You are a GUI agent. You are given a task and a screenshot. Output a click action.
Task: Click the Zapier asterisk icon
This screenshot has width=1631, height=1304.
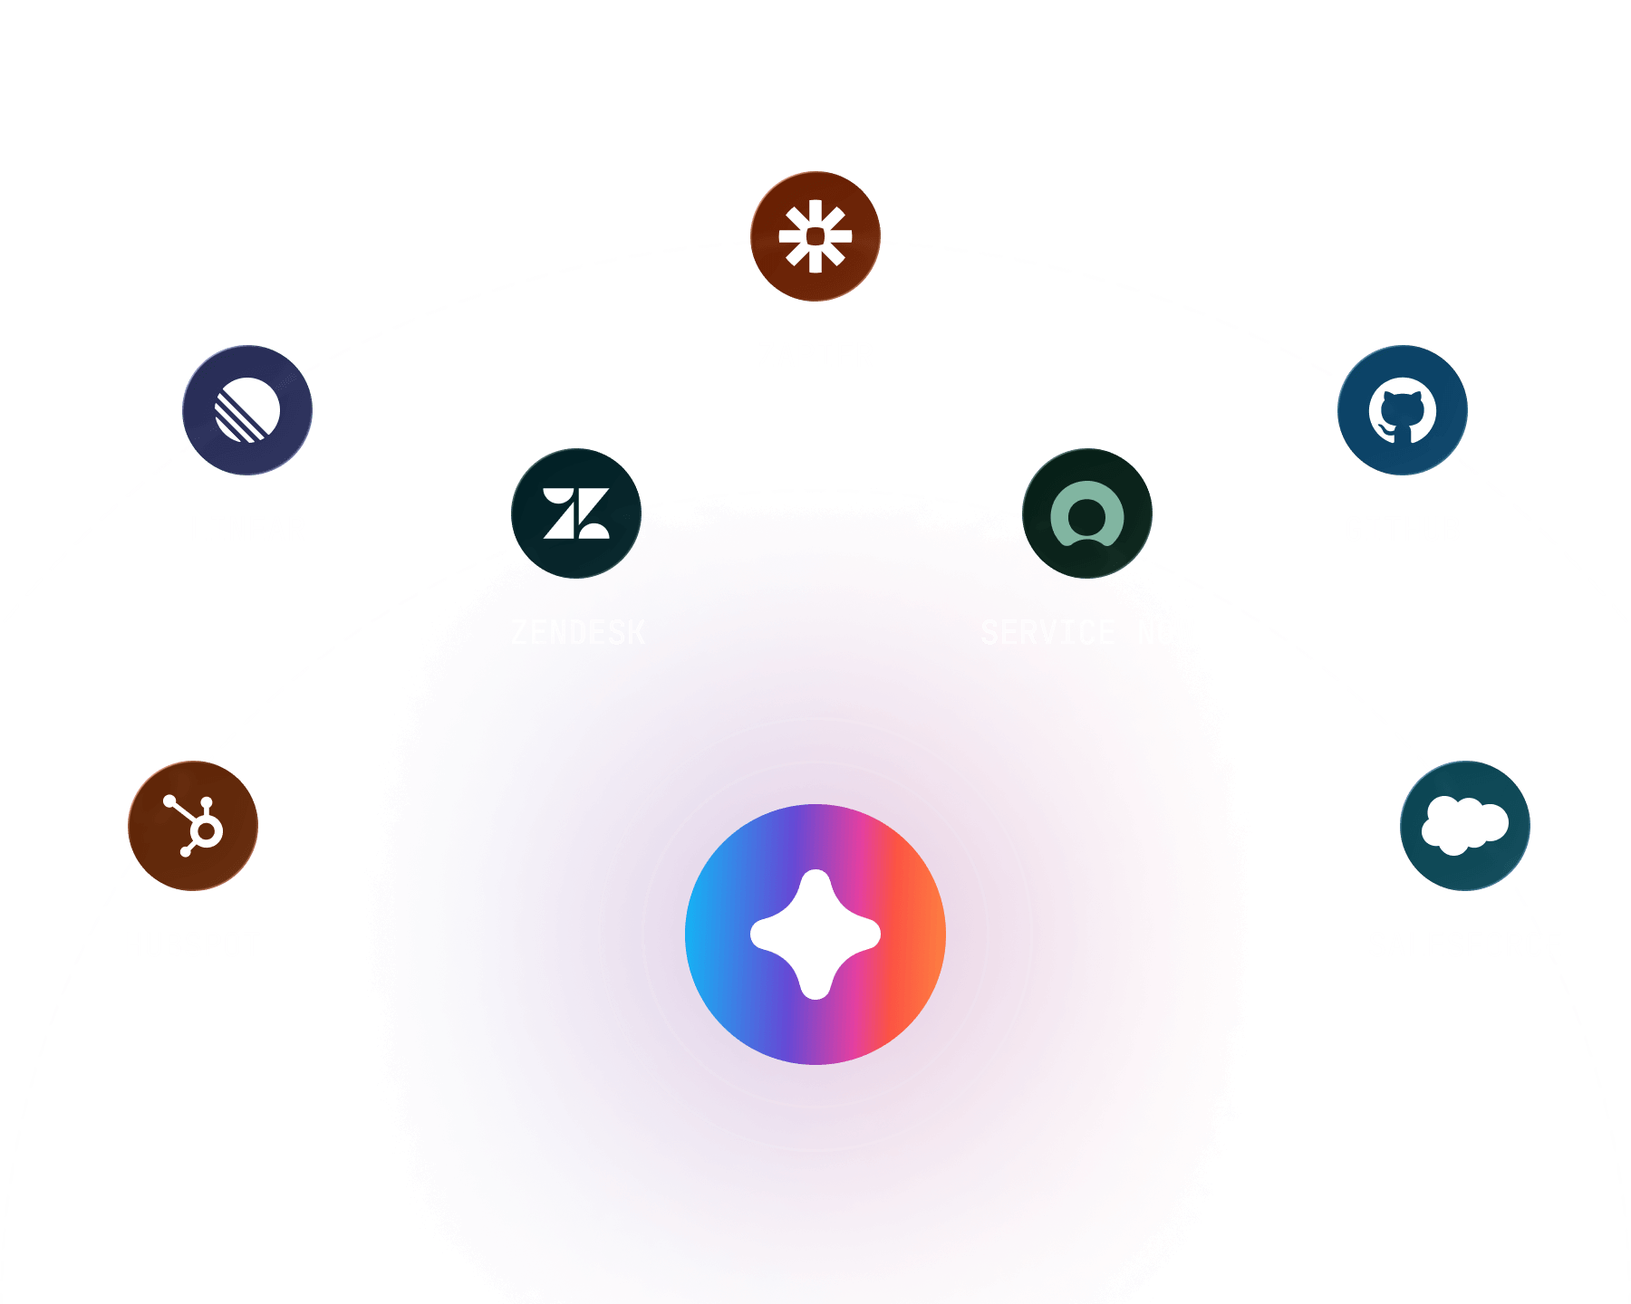click(815, 236)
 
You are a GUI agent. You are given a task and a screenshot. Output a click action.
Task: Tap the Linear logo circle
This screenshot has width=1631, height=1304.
click(247, 410)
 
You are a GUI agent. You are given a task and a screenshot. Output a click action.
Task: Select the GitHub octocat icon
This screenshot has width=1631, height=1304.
click(1403, 410)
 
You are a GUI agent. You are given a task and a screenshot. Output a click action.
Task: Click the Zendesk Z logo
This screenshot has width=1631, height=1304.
click(576, 513)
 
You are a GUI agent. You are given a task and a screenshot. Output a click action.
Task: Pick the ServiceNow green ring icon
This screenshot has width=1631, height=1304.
click(1087, 513)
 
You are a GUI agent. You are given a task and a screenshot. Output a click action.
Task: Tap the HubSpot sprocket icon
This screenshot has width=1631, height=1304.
click(193, 826)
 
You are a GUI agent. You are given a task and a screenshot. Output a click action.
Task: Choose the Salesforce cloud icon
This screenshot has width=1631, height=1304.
click(1465, 826)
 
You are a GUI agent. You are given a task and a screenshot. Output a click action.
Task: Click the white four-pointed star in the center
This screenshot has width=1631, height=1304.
click(815, 935)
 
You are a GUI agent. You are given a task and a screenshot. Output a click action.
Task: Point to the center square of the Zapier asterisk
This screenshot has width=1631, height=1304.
click(815, 236)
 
